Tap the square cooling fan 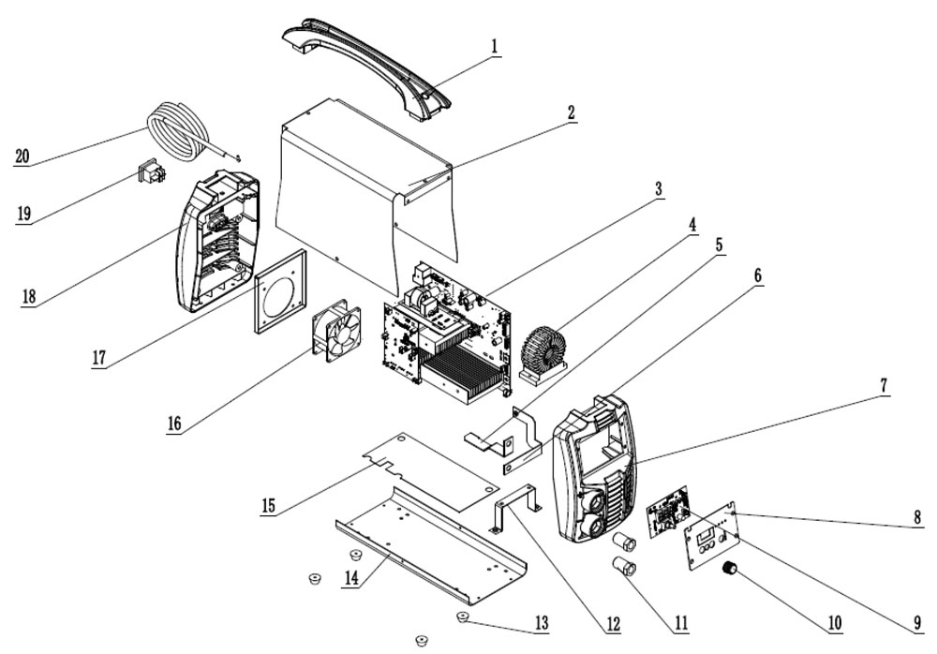click(x=337, y=331)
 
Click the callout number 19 click(x=24, y=214)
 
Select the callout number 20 click(x=22, y=156)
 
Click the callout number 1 click(x=494, y=47)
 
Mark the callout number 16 click(x=174, y=424)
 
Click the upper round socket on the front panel click(x=590, y=498)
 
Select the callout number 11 click(x=680, y=623)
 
